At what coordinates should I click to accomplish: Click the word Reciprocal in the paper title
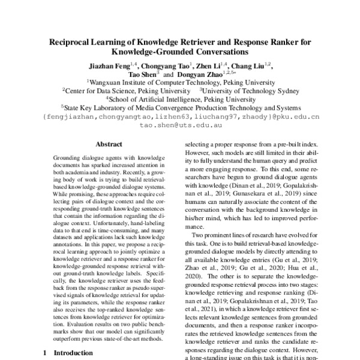click(67, 43)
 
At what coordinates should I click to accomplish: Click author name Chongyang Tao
click(163, 67)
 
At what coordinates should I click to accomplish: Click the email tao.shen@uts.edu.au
click(179, 127)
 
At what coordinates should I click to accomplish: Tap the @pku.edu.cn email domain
click(296, 118)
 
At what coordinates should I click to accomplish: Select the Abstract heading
click(108, 144)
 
